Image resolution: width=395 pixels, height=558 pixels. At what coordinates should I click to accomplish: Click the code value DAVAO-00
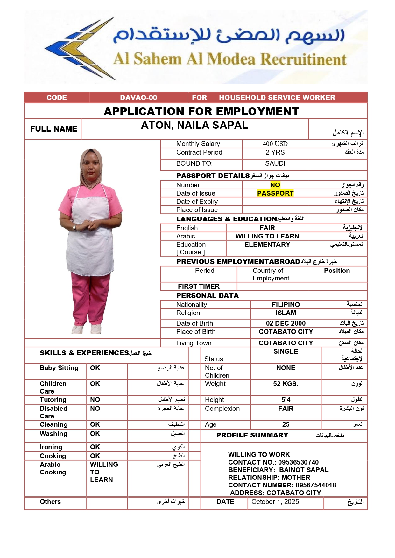[138, 98]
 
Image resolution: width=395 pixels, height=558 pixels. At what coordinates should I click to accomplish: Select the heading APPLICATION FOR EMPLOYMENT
[201, 111]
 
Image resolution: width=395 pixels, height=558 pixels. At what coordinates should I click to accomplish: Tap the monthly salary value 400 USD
[275, 144]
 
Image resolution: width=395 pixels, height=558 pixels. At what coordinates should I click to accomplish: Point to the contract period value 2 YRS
[275, 152]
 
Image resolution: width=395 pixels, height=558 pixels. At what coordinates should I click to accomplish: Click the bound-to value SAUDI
[275, 163]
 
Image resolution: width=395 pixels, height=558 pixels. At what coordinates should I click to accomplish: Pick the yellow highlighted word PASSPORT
[275, 193]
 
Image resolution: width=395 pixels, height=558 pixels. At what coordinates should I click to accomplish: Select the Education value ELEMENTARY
[267, 245]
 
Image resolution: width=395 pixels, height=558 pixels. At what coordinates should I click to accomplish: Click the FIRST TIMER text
[199, 286]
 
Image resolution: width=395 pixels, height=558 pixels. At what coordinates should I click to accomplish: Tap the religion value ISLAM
[286, 313]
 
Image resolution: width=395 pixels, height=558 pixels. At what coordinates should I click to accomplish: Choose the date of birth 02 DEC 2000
[286, 323]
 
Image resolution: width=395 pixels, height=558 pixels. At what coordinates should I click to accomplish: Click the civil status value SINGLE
[286, 351]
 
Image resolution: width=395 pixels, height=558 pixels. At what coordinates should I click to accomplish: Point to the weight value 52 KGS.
[286, 384]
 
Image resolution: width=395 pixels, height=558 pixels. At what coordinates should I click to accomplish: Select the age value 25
[286, 424]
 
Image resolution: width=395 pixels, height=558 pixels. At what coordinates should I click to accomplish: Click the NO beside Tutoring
[95, 400]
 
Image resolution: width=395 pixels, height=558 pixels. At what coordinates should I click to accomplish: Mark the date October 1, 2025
[275, 502]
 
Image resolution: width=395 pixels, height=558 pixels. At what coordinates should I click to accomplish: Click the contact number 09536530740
[298, 462]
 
